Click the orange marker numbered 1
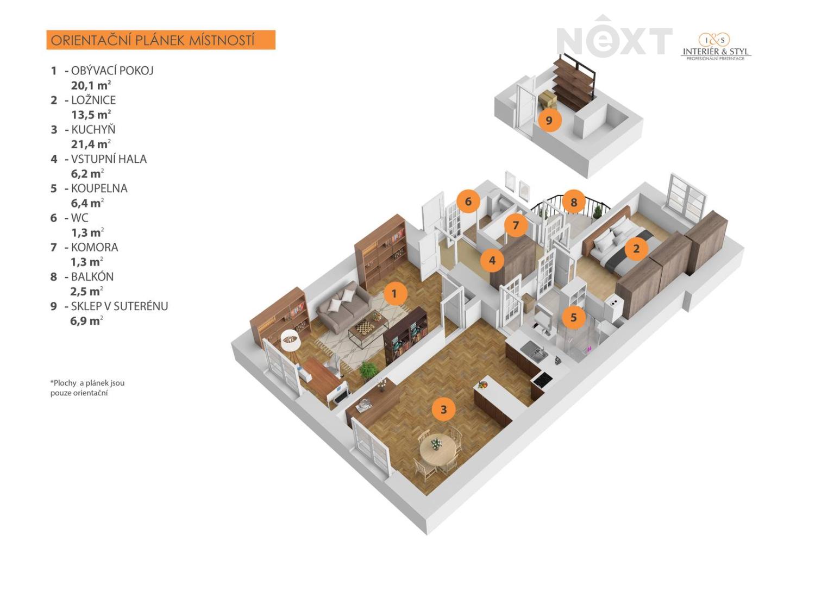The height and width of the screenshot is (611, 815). [x=394, y=293]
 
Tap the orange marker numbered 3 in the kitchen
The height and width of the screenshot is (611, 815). [x=443, y=410]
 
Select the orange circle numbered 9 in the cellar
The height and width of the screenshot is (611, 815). [x=549, y=120]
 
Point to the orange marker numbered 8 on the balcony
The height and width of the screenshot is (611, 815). [x=574, y=202]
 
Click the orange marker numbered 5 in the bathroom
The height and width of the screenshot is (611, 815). [x=574, y=317]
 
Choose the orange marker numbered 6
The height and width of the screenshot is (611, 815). [x=468, y=201]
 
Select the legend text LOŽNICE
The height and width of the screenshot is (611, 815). [x=93, y=100]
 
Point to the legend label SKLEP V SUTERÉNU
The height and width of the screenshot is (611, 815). [x=119, y=306]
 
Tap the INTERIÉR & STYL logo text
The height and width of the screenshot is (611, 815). [x=716, y=52]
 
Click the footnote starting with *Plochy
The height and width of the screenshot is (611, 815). [x=87, y=388]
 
